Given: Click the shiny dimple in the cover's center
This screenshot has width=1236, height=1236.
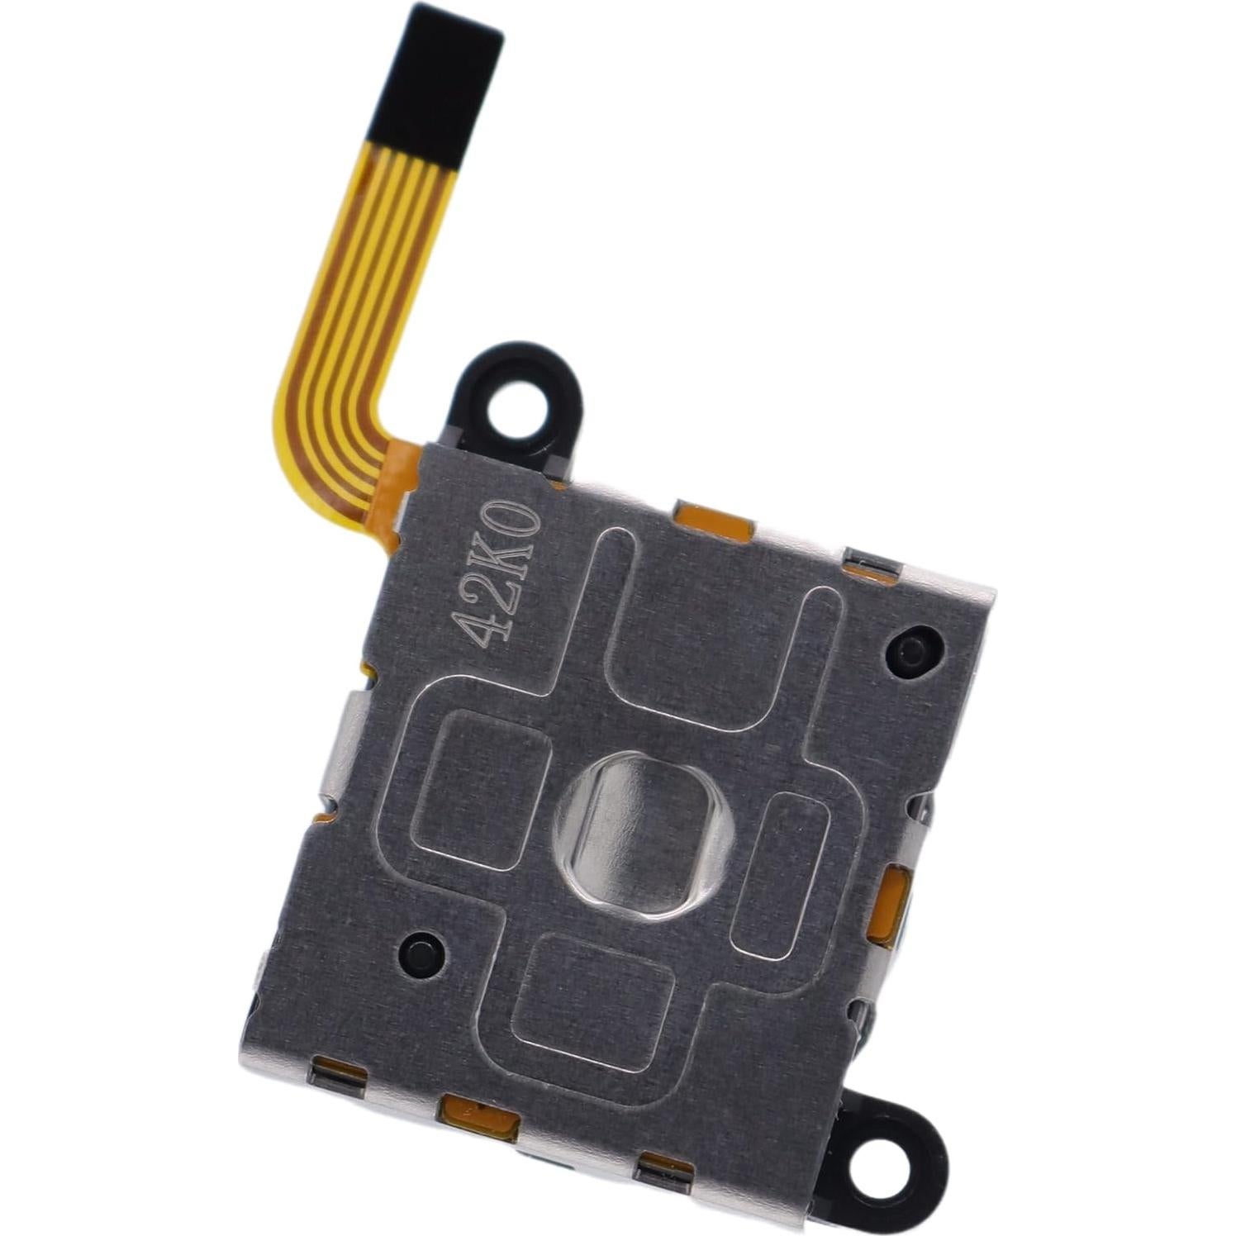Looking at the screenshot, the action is click(x=643, y=836).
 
